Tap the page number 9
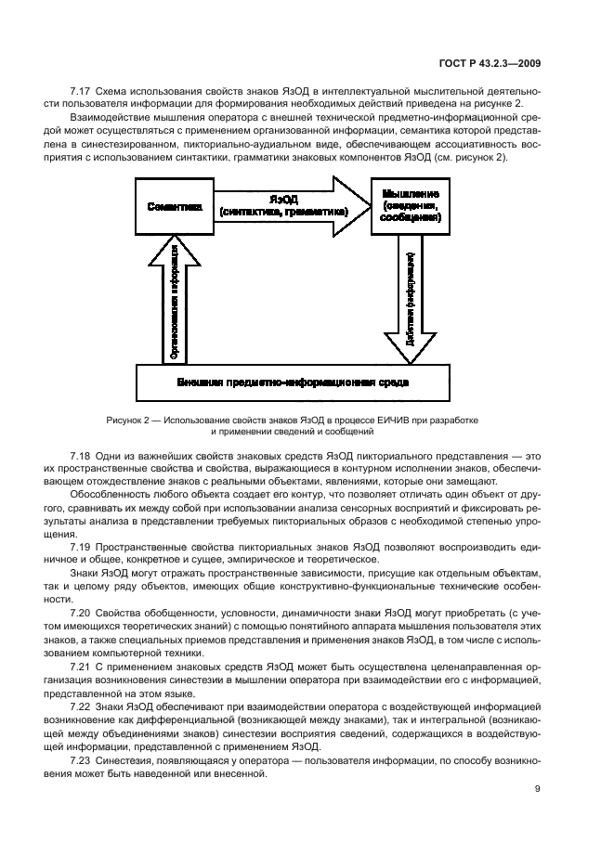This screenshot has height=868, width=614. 538,790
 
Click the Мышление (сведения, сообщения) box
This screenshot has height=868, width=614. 411,206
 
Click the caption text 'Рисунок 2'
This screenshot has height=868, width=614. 127,420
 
